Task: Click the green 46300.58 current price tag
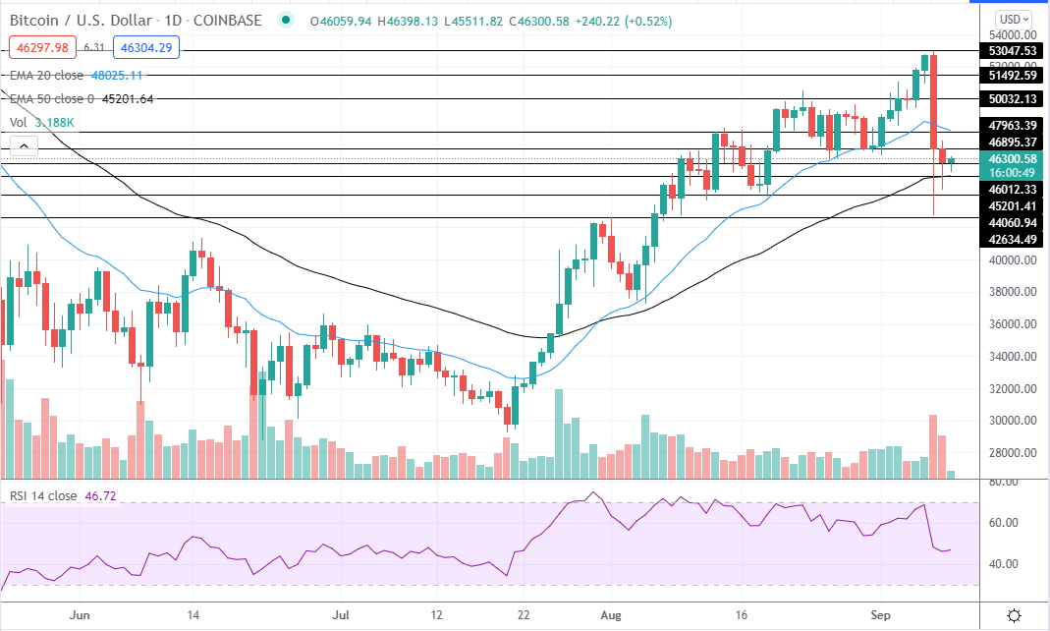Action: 1013,159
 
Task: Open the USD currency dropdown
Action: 1014,19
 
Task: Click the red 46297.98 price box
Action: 41,47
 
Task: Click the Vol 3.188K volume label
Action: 41,122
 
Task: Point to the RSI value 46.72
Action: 100,496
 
